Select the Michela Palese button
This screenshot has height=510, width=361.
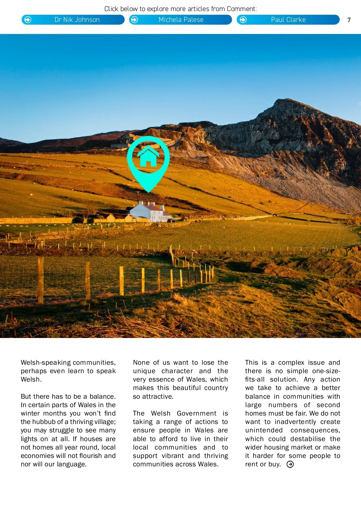click(180, 20)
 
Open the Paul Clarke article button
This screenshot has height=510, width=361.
click(288, 20)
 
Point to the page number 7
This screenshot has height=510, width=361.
click(349, 20)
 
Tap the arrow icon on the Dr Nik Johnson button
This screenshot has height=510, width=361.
click(28, 20)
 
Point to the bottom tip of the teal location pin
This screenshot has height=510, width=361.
click(148, 191)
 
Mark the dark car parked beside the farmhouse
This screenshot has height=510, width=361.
click(171, 220)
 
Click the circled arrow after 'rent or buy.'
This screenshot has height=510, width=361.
click(290, 465)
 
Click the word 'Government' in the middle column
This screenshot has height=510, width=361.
click(196, 413)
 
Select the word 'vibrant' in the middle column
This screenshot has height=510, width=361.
click(173, 456)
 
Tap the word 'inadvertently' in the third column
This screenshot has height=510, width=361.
click(295, 422)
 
